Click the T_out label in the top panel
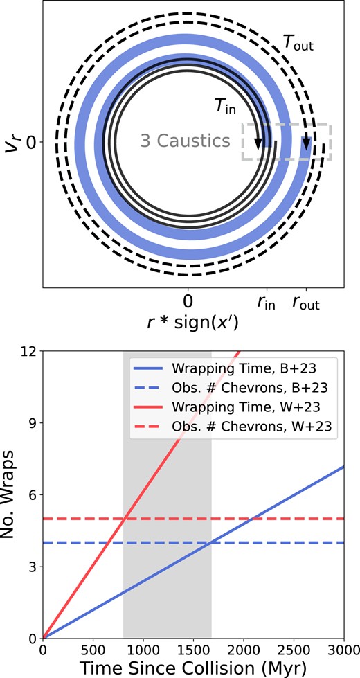(298, 45)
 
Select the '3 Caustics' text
(185, 141)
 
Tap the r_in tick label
(265, 303)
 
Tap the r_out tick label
(306, 303)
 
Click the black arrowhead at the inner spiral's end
(258, 143)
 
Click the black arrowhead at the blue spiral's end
(305, 143)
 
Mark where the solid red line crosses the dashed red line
(124, 519)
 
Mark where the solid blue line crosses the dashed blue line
(210, 542)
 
